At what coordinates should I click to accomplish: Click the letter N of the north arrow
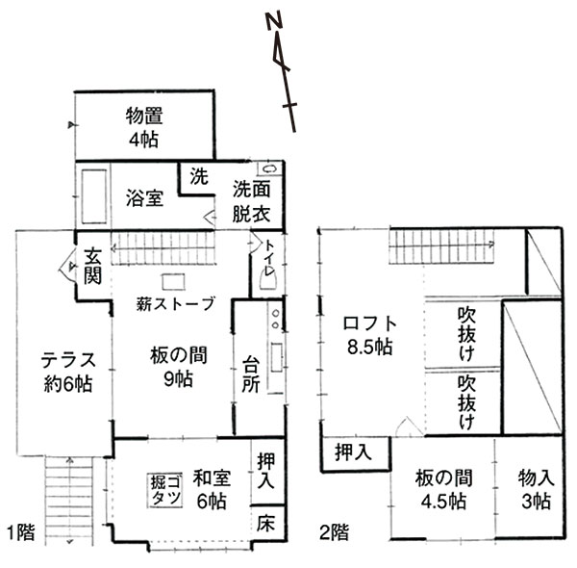pos(275,20)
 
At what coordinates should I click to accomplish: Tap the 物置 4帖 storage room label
pos(144,127)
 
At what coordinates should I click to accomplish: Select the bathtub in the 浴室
pos(94,196)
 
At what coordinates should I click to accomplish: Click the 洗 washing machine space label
pos(199,176)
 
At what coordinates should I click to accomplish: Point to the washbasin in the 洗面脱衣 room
pos(269,168)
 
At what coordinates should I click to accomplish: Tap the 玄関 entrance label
pos(92,267)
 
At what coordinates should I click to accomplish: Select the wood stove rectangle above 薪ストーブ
pos(173,282)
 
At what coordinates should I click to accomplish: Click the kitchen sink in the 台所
pos(277,357)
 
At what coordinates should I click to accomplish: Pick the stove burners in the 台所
pos(275,319)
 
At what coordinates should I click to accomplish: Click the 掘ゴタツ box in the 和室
pos(165,491)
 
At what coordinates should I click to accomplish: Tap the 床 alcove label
pos(265,524)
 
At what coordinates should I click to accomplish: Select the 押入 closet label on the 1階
pos(265,471)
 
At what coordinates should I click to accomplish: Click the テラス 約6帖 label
pos(68,372)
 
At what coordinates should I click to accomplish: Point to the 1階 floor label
pos(21,532)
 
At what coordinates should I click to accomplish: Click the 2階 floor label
pos(334,532)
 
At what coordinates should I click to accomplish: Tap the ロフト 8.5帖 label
pos(370,335)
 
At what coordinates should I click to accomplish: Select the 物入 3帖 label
pos(537,490)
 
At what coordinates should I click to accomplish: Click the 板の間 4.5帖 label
pos(443,490)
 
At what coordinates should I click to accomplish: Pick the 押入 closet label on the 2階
pos(353,452)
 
